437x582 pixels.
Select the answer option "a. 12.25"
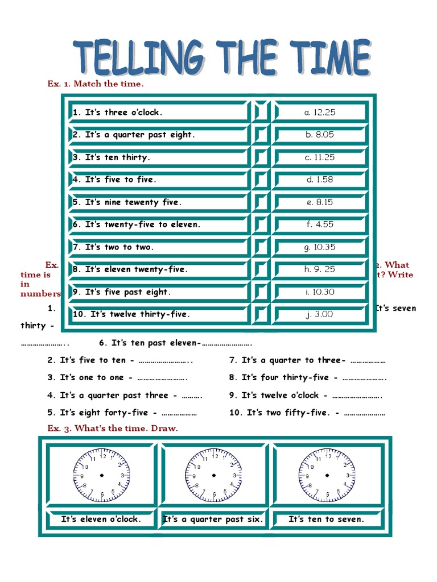tap(320, 113)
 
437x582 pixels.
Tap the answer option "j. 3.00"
tap(320, 314)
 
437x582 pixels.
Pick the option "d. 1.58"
tap(320, 180)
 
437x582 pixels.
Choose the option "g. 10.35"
tap(320, 247)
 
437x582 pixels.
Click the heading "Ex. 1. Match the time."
tap(96, 84)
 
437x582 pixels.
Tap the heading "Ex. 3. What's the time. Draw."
tap(112, 429)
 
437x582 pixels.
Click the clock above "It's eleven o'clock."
tap(101, 475)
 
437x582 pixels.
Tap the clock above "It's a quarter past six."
tap(213, 475)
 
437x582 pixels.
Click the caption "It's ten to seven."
tap(326, 519)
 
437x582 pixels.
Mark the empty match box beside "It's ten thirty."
tap(261, 157)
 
